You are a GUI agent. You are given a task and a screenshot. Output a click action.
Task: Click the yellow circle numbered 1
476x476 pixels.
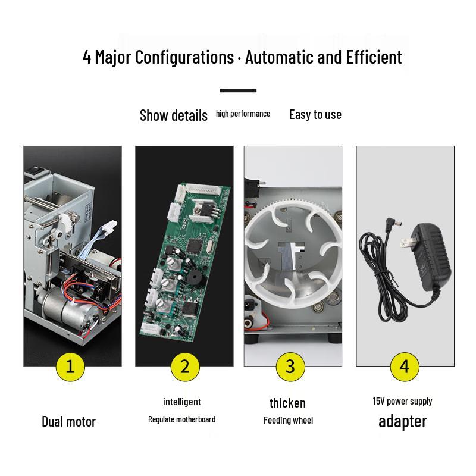click(x=70, y=367)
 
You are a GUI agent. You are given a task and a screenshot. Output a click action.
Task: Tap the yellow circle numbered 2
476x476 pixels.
click(x=185, y=367)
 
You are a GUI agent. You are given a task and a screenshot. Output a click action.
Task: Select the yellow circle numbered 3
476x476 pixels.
click(x=290, y=367)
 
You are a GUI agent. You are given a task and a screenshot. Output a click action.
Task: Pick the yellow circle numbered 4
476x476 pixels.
click(x=405, y=367)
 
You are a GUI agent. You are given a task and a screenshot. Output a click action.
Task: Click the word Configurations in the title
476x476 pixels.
click(x=184, y=58)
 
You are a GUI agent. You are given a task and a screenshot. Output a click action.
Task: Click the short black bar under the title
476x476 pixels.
click(x=238, y=91)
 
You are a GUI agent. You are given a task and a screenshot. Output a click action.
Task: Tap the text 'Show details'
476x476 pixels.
click(x=173, y=115)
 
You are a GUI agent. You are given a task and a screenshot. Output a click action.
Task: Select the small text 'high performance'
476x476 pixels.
click(x=243, y=114)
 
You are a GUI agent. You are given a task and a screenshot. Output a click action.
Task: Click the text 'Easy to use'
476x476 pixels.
click(x=315, y=115)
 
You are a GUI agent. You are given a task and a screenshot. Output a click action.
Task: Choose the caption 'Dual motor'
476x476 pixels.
click(x=68, y=422)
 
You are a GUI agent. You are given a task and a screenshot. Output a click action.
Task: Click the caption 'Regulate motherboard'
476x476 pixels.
click(x=181, y=419)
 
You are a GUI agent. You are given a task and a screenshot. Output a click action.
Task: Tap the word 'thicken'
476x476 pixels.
click(x=287, y=403)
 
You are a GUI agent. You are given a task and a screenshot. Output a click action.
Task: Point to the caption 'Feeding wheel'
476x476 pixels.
click(x=288, y=421)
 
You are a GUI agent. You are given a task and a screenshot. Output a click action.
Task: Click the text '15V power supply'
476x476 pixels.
click(x=402, y=401)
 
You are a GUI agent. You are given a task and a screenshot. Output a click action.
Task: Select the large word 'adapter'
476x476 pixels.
click(x=402, y=421)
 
